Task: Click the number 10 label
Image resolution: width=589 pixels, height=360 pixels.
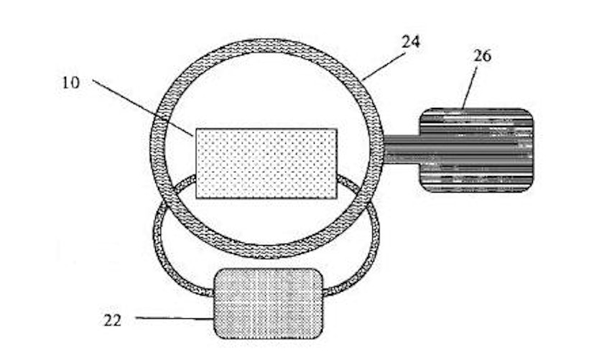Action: point(71,83)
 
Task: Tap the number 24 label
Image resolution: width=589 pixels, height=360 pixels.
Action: point(411,42)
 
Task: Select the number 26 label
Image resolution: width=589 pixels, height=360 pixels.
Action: point(482,56)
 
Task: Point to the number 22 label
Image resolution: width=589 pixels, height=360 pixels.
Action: point(113,320)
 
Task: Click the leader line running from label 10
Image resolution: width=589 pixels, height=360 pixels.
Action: point(143,108)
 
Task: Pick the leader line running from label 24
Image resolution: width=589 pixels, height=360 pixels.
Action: point(384,67)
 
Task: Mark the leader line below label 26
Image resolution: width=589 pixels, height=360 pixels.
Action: point(470,88)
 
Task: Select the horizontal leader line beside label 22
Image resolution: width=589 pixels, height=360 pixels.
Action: point(175,318)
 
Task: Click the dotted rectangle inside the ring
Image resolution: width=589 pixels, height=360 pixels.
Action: point(266,163)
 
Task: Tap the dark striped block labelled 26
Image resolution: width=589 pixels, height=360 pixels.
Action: point(476,150)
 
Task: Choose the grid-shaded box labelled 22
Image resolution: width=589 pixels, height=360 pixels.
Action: point(268,304)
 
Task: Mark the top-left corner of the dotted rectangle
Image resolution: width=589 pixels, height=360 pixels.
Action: point(196,129)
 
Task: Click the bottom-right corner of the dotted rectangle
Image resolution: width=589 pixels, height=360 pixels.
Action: point(337,198)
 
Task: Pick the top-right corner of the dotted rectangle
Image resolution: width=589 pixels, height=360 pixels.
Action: point(337,129)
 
